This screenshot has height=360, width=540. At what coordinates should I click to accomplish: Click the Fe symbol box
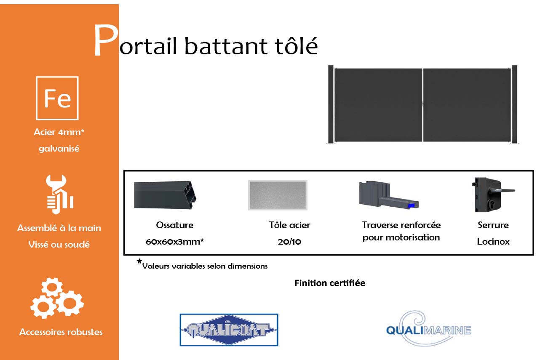point(57,98)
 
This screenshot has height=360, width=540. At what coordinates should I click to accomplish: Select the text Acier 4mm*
point(59,132)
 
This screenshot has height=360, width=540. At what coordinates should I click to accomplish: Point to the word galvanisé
point(59,149)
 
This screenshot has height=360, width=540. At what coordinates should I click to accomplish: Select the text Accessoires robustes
point(61,332)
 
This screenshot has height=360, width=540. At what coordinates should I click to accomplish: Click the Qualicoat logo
point(229,330)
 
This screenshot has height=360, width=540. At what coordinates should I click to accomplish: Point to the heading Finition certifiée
point(329,283)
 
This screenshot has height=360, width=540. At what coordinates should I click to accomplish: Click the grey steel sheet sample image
point(278,195)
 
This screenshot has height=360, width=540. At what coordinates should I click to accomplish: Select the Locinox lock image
point(491,195)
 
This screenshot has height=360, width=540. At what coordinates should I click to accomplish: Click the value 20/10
point(289,242)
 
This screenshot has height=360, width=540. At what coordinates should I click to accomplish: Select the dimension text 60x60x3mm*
point(175,242)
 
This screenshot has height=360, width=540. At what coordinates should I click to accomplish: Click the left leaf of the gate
point(378,104)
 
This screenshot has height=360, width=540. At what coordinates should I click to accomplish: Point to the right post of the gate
point(514,104)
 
